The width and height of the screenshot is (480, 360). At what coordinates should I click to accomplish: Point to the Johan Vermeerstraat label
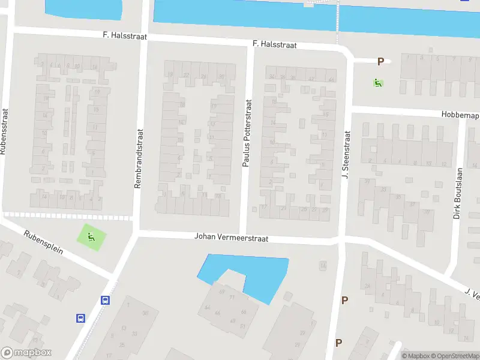231,238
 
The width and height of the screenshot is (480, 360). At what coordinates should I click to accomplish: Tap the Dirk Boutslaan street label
457,197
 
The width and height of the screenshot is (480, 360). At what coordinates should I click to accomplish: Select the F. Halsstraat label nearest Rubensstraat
124,37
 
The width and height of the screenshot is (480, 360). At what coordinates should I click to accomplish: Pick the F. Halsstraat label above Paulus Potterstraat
274,44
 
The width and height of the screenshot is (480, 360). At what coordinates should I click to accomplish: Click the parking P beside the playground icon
380,61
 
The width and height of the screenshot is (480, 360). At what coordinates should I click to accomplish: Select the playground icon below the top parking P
378,83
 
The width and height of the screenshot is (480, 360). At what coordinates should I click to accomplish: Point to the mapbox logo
26,353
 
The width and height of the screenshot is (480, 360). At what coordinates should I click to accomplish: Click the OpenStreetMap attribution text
453,356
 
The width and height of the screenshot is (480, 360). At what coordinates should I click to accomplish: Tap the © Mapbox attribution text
415,356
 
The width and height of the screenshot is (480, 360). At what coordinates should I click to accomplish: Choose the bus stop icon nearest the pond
106,301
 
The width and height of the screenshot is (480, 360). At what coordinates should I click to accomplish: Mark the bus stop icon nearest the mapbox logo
80,319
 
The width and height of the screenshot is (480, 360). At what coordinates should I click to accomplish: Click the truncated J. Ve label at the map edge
472,294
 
